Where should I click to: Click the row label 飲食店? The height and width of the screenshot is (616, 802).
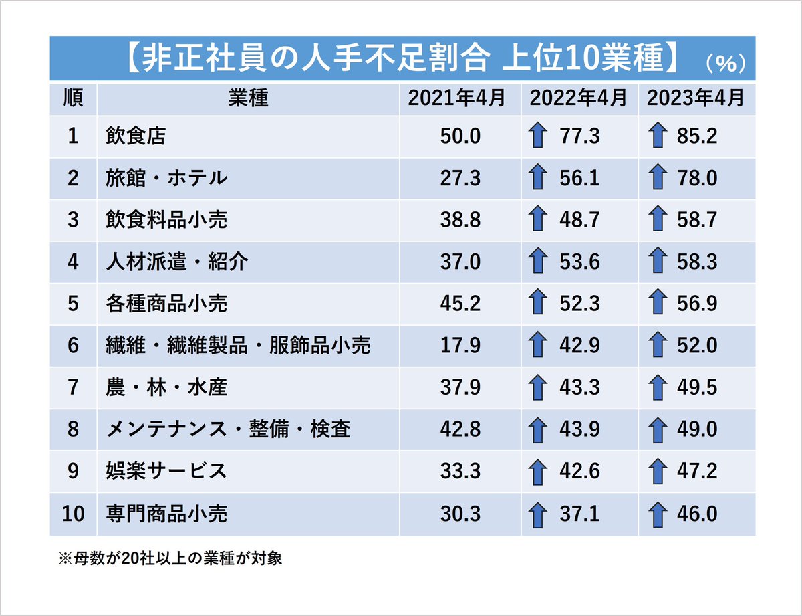(x=136, y=136)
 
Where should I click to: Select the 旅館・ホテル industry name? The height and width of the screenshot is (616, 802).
(x=166, y=178)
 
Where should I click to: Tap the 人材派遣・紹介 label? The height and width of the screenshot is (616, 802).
(x=176, y=262)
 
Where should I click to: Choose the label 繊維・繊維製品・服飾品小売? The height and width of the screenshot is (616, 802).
(x=238, y=345)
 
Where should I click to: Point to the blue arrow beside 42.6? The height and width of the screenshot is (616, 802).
(x=535, y=472)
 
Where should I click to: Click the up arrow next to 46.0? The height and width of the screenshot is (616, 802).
(x=658, y=514)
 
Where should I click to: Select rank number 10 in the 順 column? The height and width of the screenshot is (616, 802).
(x=73, y=514)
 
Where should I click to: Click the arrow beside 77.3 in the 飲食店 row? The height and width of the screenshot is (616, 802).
(x=535, y=136)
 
